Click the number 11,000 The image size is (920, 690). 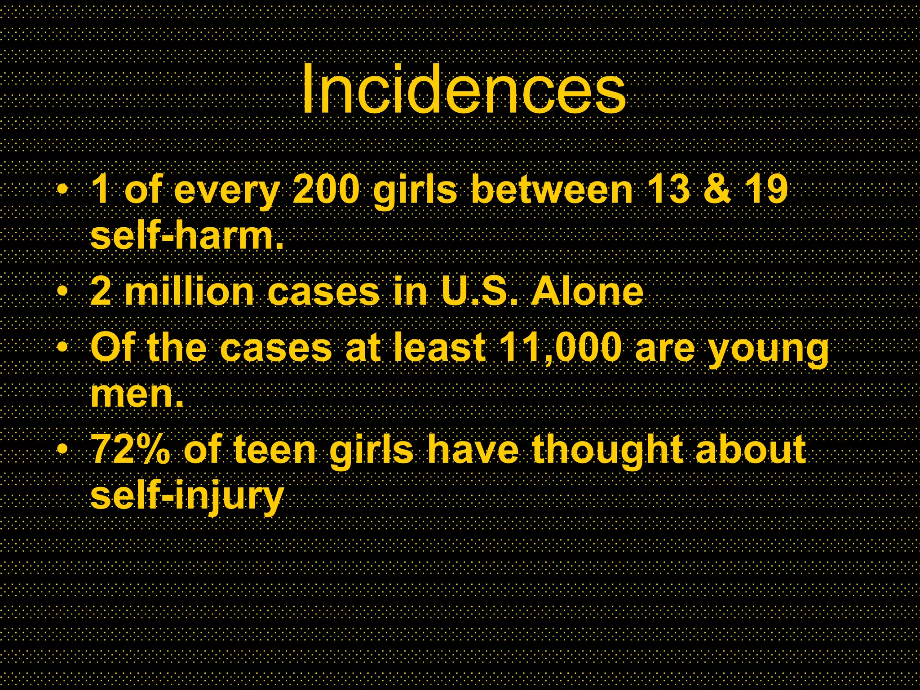pos(561,348)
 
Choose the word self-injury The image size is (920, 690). pos(187,497)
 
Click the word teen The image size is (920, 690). pos(275,450)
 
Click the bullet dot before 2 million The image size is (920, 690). pos(63,292)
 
